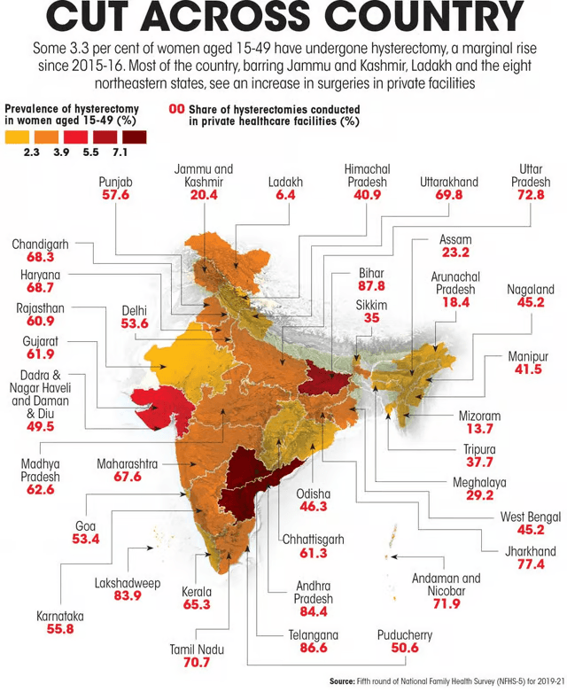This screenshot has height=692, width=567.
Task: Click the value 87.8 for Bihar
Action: [x=371, y=286]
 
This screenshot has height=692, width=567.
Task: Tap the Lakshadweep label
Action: [x=127, y=583]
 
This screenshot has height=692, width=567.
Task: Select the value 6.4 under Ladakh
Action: [x=285, y=195]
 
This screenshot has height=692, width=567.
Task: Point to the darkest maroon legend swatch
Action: [x=135, y=136]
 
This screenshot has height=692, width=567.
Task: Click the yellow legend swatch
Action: [x=17, y=136]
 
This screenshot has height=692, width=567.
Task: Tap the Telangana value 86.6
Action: [x=313, y=649]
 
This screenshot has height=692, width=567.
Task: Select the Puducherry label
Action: [x=404, y=635]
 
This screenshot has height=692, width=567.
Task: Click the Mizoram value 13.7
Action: [x=478, y=430]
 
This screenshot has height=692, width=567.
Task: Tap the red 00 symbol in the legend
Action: [x=176, y=108]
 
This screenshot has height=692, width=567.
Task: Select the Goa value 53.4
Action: [x=86, y=539]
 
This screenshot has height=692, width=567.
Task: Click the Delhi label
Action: [x=135, y=310]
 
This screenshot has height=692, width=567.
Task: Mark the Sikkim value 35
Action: [x=371, y=318]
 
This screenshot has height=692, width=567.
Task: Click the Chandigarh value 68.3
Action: [x=40, y=257]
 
